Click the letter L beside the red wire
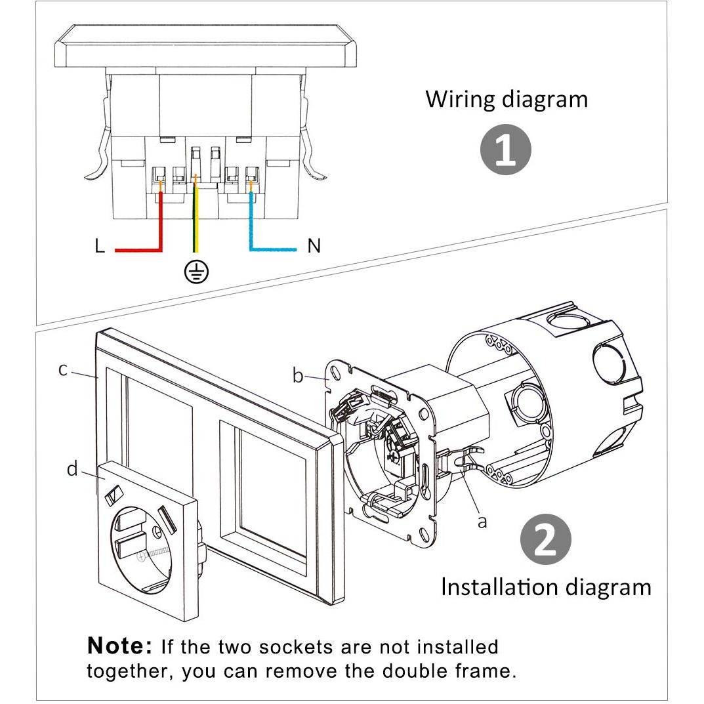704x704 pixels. coord(100,245)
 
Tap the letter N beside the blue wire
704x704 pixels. coord(314,245)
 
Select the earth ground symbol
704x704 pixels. coord(196,272)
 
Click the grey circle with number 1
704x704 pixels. coord(506,150)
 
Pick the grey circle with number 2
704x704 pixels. coord(545,539)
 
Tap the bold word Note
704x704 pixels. coord(119,646)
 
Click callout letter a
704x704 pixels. coord(482,522)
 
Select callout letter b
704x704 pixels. coord(298,375)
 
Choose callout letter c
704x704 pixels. coord(63,369)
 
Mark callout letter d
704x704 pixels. coord(72,468)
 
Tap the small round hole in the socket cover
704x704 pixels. coord(156,533)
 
